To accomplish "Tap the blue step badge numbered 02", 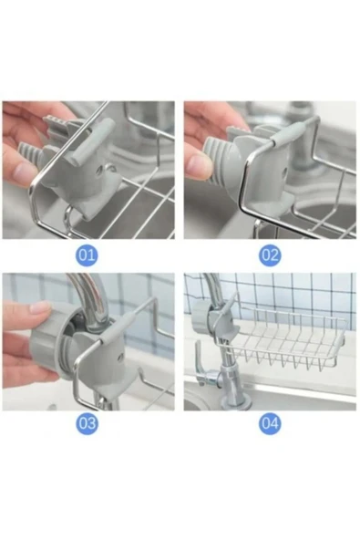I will (270, 254).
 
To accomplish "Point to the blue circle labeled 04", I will (270, 423).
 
